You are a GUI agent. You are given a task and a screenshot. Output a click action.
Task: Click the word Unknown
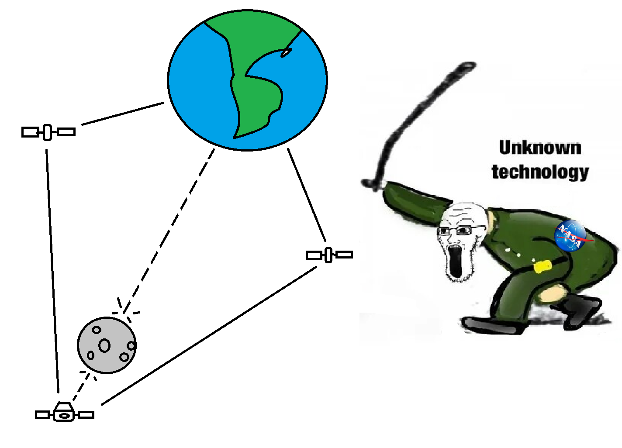click(x=540, y=148)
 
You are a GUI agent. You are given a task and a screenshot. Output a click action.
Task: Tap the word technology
click(x=540, y=172)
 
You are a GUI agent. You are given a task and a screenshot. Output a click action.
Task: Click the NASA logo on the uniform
click(x=570, y=236)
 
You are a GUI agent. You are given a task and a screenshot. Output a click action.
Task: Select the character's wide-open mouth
click(x=455, y=262)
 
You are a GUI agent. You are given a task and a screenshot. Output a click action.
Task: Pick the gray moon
click(x=107, y=345)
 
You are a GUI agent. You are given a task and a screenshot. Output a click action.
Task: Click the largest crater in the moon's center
click(x=104, y=345)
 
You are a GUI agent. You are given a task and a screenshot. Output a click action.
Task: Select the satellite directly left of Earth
click(x=48, y=132)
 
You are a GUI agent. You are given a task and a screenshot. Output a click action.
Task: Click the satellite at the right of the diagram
click(x=329, y=255)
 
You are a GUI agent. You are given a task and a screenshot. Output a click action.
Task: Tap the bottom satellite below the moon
click(x=64, y=414)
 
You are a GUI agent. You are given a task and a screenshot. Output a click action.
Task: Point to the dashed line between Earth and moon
click(x=170, y=229)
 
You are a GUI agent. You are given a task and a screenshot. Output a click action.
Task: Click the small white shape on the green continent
click(x=286, y=52)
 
